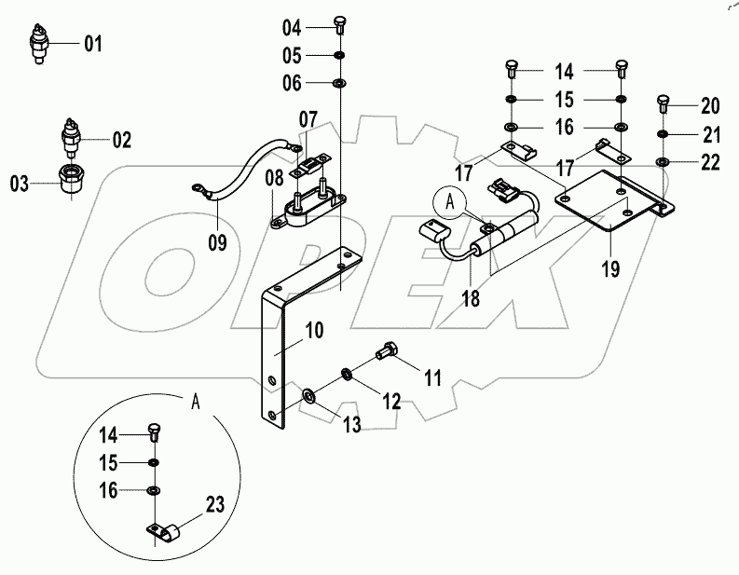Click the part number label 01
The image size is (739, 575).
pos(94,44)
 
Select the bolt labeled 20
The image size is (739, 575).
pos(663,103)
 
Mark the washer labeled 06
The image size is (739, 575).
pos(340,85)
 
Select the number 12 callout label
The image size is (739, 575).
pos(390,402)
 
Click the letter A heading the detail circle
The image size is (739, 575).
pos(195,402)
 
